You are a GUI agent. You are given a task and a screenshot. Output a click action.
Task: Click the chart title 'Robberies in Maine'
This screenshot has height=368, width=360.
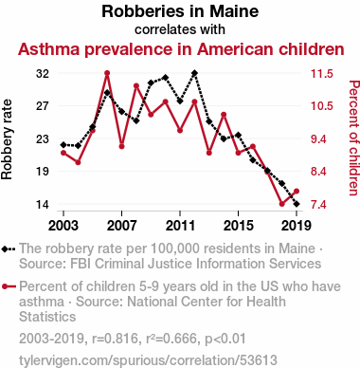click(180, 11)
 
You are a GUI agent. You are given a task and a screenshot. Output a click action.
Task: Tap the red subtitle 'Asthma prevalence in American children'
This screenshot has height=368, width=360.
click(181, 49)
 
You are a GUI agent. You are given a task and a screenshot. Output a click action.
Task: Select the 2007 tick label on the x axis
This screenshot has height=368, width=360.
click(122, 226)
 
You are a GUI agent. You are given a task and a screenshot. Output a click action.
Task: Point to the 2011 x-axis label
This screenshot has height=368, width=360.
click(180, 226)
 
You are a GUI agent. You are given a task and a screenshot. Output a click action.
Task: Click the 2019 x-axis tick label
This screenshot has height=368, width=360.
click(297, 226)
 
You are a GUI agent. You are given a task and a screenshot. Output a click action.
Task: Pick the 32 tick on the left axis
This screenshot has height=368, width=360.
click(43, 74)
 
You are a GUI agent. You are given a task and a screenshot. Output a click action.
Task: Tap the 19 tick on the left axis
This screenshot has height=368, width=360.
click(43, 172)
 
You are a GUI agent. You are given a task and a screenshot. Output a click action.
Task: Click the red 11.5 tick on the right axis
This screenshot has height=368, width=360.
click(322, 74)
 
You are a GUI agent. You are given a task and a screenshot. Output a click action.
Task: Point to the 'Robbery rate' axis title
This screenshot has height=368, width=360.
click(7, 139)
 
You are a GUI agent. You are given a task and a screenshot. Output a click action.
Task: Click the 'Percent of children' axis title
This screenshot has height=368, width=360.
click(354, 138)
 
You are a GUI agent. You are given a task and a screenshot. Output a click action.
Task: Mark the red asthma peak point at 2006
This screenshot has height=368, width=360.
click(107, 73)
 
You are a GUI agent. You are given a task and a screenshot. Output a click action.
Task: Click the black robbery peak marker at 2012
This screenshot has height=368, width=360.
click(194, 73)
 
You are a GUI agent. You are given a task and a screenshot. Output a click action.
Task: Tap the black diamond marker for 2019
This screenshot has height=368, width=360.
click(297, 204)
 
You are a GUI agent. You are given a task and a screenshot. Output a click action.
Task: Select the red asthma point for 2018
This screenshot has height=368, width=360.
click(282, 204)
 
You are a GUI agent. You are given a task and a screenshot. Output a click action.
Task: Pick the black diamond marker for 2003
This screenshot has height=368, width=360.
click(63, 145)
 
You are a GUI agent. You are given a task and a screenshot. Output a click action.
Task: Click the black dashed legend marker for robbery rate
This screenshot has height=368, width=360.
click(9, 249)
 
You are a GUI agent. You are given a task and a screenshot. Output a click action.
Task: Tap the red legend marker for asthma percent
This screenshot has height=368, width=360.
click(9, 286)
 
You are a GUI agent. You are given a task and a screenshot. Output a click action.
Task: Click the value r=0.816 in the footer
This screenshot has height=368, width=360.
click(115, 339)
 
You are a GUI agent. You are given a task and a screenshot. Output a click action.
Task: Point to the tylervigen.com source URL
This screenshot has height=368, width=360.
click(148, 360)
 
